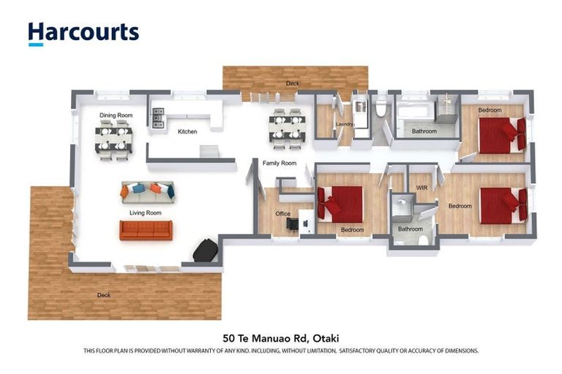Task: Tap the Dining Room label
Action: point(116,115)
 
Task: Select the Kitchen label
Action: point(187,131)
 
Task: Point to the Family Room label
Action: point(279,163)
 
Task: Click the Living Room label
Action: point(145,213)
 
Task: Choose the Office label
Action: point(282,214)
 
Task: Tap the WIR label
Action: point(421,188)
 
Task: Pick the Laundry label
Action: point(345,124)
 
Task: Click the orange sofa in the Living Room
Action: point(146,230)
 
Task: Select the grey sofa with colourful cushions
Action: point(147,191)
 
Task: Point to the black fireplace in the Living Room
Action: point(204,251)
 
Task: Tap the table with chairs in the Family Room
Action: point(286,126)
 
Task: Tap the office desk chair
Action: point(293,224)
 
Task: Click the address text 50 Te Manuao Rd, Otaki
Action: point(281,338)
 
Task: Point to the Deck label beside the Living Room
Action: point(105,295)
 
